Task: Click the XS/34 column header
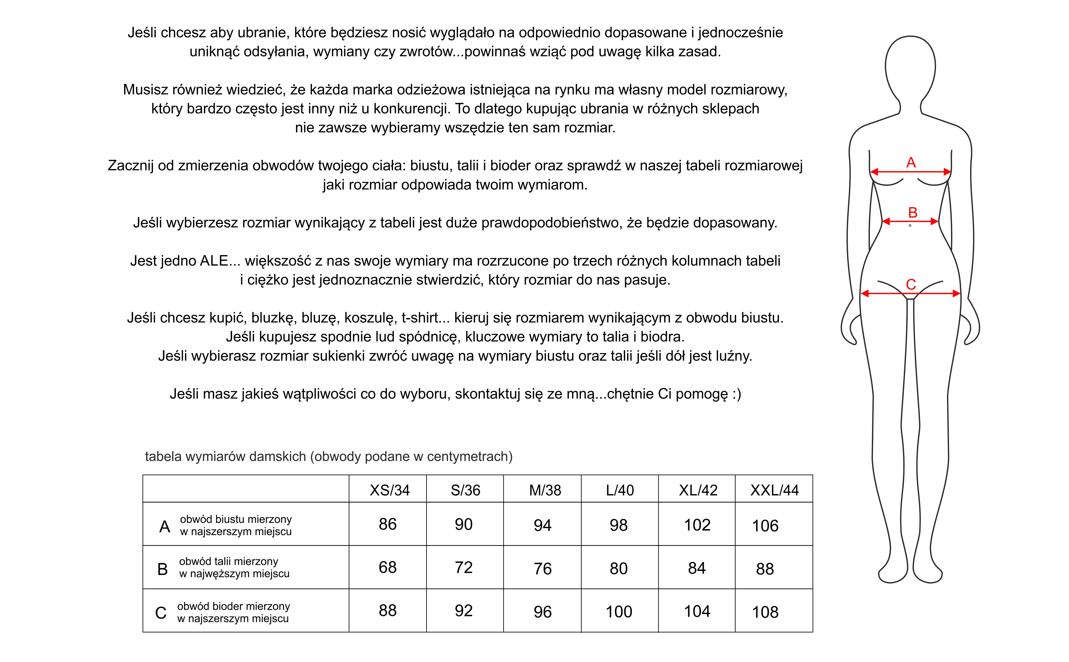pos(389,490)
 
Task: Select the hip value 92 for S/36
pos(463,611)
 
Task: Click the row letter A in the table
pos(165,527)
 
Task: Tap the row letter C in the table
pos(161,613)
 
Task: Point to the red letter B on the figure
pos(913,213)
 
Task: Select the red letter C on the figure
pos(911,285)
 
